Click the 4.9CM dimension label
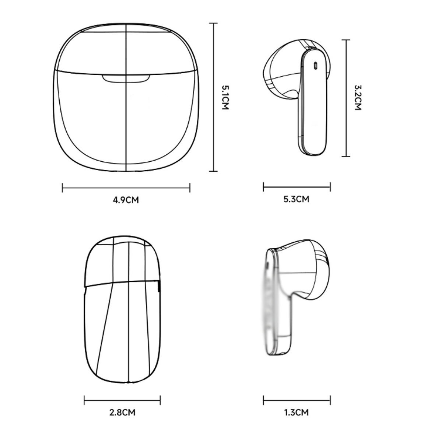point(126,200)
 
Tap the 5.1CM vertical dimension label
point(225,98)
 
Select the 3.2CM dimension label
point(358,98)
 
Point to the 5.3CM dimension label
point(297,199)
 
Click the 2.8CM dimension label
point(122,413)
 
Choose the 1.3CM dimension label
point(297,413)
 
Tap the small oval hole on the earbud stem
point(315,66)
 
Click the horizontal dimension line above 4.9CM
point(126,188)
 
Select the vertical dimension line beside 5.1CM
point(214,97)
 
